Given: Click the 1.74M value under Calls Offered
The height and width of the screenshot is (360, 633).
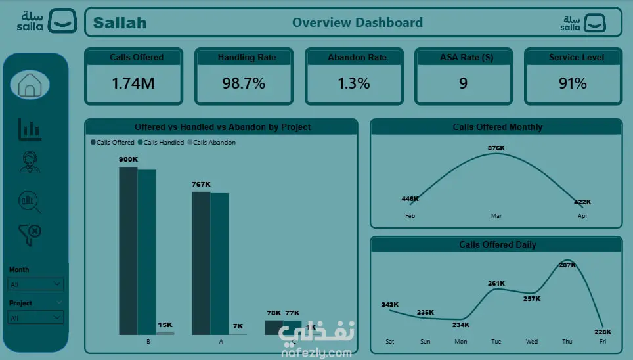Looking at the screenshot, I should [x=133, y=83].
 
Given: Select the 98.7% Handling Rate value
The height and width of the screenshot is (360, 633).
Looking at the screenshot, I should [x=243, y=83].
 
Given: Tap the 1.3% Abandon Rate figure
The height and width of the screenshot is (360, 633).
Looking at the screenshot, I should [x=354, y=83].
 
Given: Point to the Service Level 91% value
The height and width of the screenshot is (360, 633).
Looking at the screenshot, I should [x=573, y=83].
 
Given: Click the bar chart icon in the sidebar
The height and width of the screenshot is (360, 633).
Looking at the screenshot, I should [x=30, y=129].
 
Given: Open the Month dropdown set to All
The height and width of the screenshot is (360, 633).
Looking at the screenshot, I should [x=36, y=284].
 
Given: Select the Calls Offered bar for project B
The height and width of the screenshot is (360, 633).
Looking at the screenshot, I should [x=128, y=250].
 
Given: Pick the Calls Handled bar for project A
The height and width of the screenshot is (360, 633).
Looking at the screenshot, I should [x=219, y=263].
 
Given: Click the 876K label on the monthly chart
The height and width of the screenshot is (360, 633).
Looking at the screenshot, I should [x=496, y=148].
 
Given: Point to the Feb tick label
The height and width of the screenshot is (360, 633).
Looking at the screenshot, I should [x=410, y=216].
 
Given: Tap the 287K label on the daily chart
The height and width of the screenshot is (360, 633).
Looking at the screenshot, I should [x=567, y=265].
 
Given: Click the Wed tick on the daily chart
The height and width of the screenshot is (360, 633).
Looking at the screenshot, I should [x=532, y=342].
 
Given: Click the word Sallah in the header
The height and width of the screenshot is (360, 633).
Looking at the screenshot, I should [x=120, y=23].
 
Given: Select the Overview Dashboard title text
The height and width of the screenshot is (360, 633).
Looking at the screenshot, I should [x=357, y=22].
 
